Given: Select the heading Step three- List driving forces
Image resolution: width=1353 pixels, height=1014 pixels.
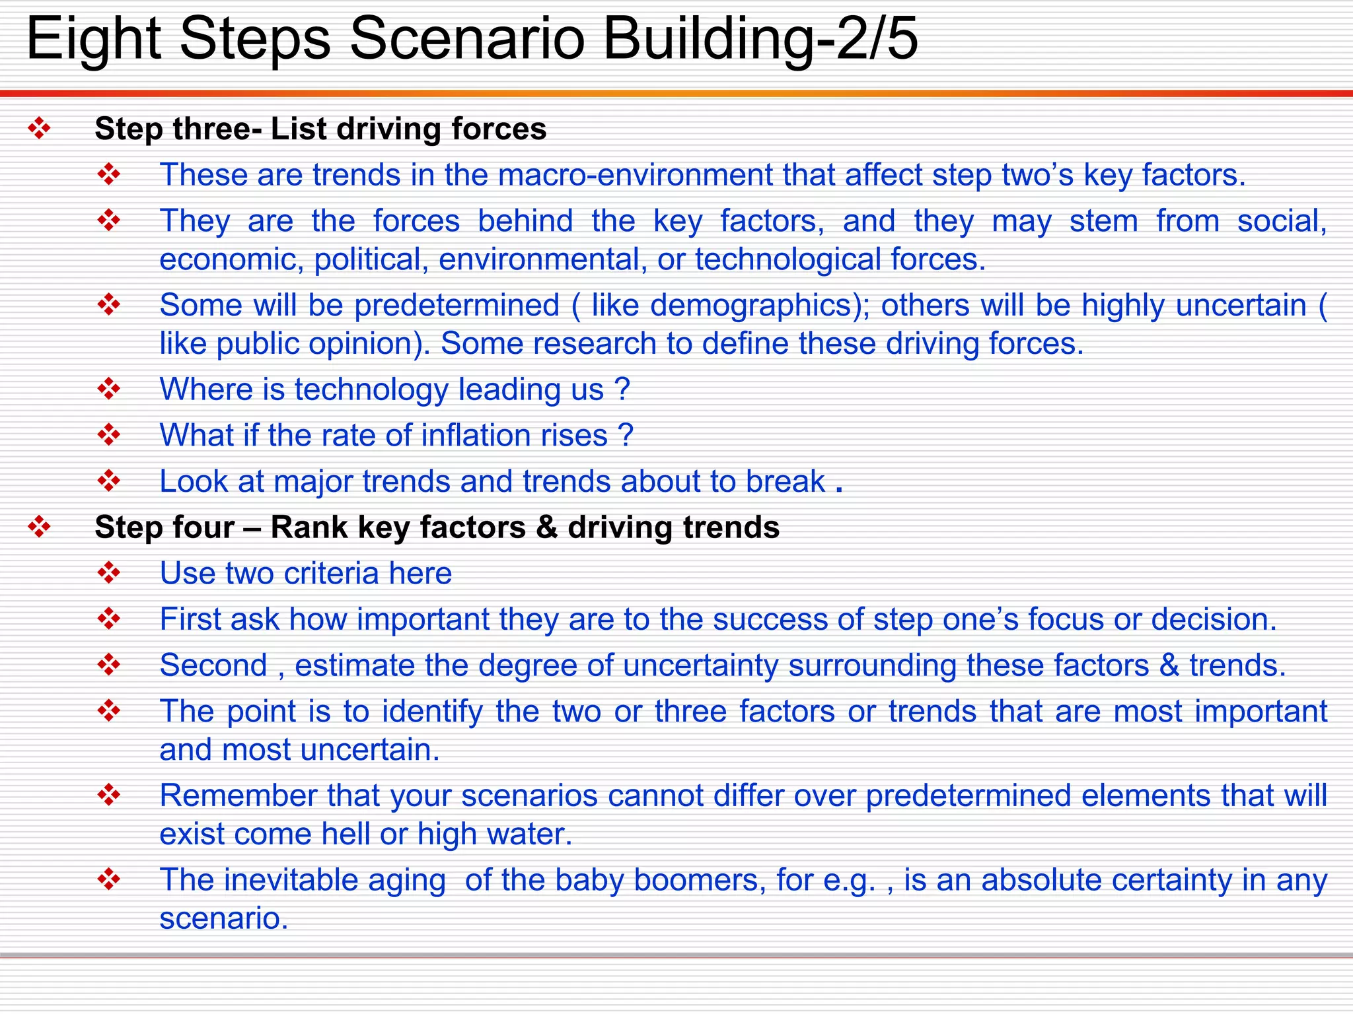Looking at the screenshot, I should coord(320,129).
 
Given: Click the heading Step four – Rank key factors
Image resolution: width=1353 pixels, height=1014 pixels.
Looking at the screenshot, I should coord(437,527).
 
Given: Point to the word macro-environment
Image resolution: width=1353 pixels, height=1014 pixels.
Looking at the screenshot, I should coord(635,175).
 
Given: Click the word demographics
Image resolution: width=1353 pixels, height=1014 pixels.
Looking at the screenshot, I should coord(750,306).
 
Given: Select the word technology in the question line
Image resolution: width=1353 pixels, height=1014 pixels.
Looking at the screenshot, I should coord(371,389).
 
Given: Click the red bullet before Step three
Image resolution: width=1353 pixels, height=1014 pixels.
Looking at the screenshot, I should coord(39,128).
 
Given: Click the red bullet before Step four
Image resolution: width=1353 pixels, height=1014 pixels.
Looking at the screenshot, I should coord(39,527).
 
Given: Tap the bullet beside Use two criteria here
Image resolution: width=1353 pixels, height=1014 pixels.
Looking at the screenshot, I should coord(108,572).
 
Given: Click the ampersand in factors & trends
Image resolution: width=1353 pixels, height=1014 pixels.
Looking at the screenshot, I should coord(1169,665).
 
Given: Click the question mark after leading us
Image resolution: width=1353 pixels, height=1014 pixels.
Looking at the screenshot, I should coord(622,389).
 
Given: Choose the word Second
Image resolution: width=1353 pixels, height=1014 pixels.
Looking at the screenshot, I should coord(213,665).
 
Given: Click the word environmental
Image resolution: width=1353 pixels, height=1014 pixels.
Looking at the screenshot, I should coord(542,259).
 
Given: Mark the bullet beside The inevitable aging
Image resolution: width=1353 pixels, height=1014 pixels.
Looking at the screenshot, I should coord(108,879).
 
